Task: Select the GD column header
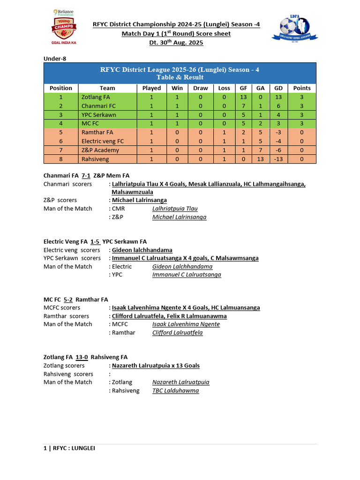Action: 277,88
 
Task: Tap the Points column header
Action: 301,88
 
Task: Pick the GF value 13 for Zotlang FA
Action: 243,97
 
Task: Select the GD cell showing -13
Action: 277,159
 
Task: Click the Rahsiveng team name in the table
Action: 95,159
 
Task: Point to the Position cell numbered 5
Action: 60,132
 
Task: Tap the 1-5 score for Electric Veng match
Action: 95,242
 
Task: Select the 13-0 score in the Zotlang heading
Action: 82,357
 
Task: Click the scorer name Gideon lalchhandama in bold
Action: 142,250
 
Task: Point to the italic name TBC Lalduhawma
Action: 175,390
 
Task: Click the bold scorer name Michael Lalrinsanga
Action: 139,200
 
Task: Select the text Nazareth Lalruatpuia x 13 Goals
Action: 156,366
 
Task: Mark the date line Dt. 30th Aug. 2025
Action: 176,43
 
